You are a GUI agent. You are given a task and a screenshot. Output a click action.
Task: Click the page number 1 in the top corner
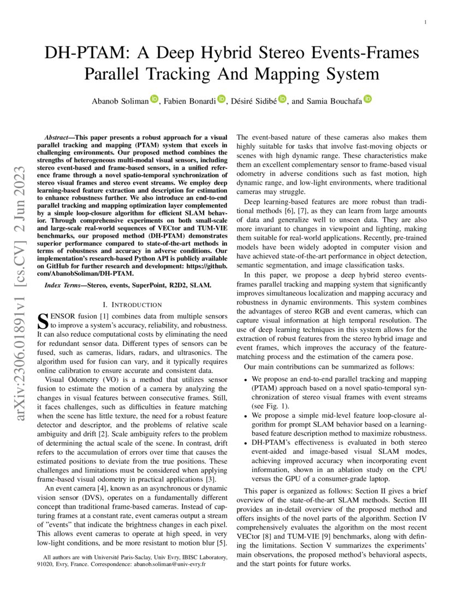[425, 22]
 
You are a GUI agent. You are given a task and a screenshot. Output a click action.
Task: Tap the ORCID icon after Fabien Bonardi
[221, 99]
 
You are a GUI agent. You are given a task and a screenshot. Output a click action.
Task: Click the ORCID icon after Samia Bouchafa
[368, 99]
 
